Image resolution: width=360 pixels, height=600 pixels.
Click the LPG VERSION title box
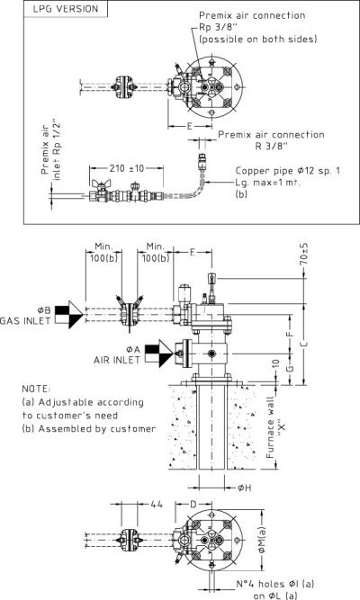66,9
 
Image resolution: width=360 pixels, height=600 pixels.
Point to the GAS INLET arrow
69,315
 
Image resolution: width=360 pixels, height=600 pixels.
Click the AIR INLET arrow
159,354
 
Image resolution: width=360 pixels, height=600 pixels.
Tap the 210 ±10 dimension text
126,168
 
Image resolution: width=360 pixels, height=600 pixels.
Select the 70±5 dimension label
303,254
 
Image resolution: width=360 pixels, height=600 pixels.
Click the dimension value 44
157,505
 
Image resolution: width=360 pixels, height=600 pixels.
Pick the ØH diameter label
244,488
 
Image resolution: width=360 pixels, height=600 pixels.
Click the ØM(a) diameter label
262,541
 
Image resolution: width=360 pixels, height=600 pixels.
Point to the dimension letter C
304,345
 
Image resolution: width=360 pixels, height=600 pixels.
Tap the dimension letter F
290,333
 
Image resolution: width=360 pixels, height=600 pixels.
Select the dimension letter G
291,368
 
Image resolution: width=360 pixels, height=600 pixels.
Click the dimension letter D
193,505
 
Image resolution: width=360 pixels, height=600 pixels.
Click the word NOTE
36,389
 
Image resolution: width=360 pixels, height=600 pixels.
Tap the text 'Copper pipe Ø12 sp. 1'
288,171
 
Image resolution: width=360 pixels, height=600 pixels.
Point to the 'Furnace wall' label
270,427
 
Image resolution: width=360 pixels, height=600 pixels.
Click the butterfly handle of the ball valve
101,184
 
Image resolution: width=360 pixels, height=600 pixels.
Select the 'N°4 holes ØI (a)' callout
275,584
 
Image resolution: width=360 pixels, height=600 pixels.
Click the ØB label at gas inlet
44,310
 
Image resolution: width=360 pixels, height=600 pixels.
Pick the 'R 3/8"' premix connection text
271,146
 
